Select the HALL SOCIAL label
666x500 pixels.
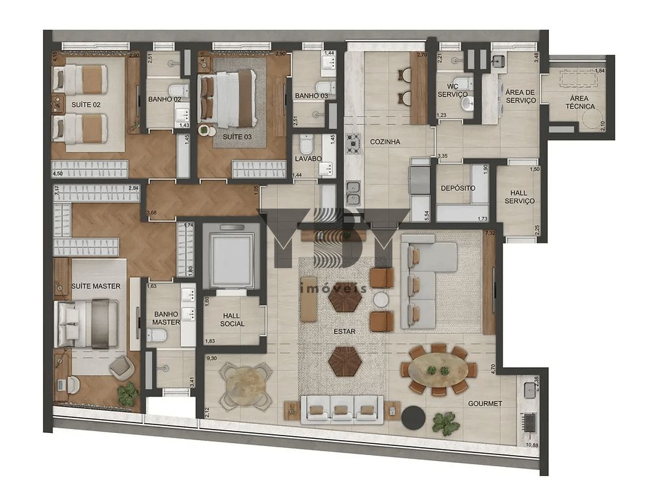tap(232, 319)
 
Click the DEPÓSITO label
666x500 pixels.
tap(458, 188)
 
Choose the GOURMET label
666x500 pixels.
tap(485, 404)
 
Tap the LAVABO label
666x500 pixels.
tap(308, 158)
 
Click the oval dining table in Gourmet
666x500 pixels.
tap(438, 370)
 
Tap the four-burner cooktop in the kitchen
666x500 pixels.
tap(353, 143)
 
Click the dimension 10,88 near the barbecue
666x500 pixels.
tap(531, 445)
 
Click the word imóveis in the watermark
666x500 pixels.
tap(333, 288)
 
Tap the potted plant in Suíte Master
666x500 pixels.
tap(128, 394)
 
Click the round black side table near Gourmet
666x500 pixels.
tap(412, 417)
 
